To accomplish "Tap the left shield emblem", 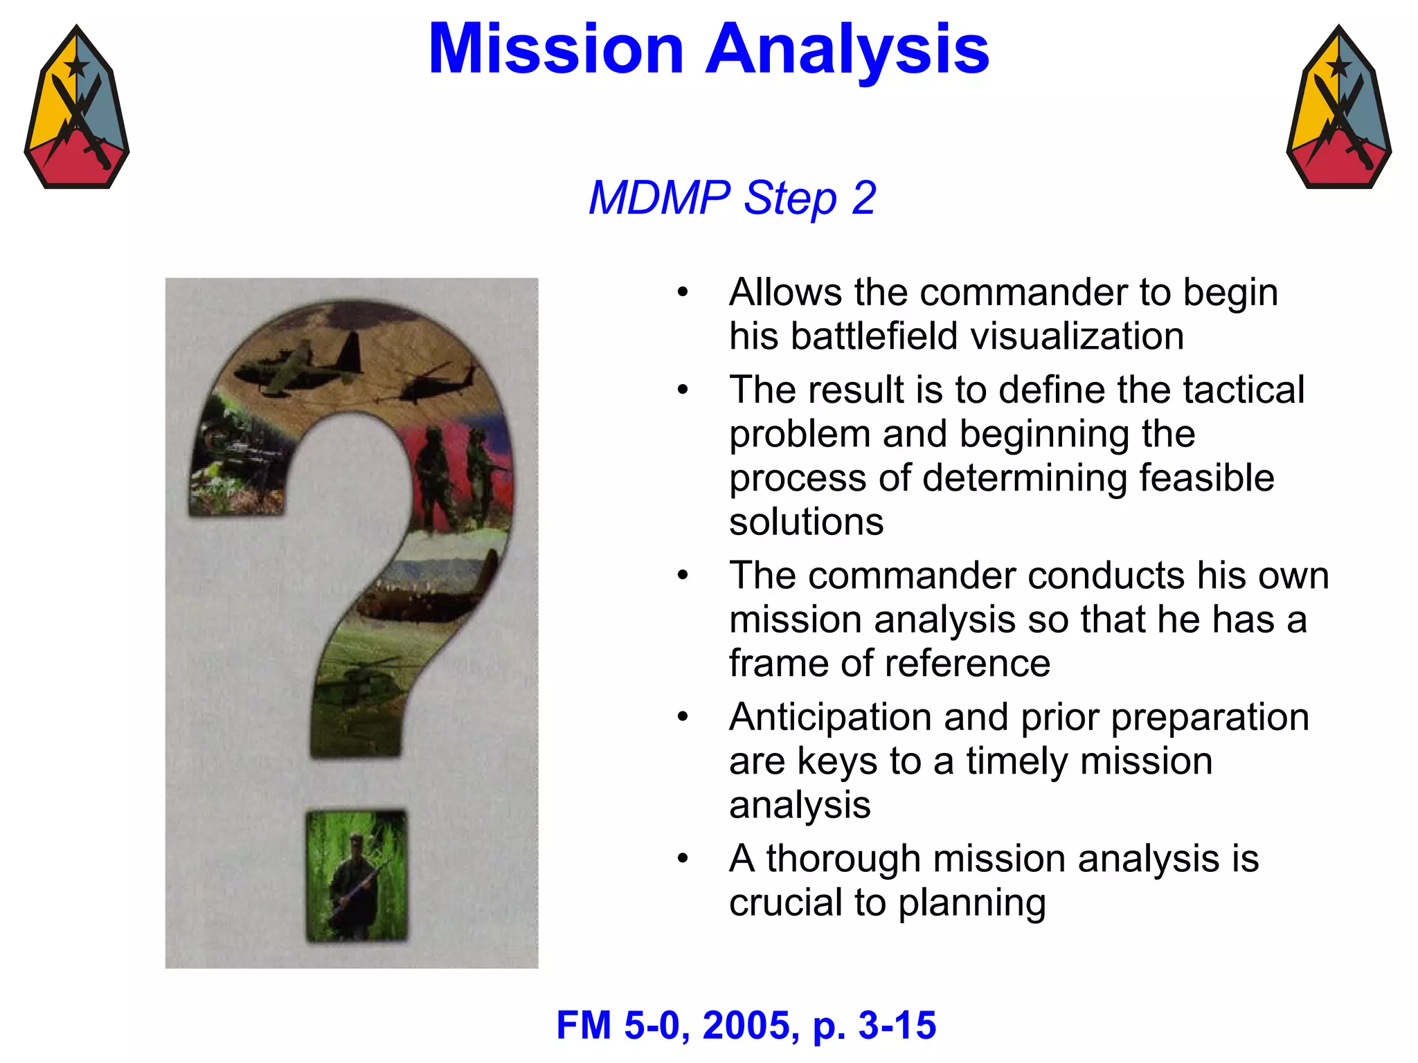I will coord(77,109).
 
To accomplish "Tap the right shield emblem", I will coord(1338,109).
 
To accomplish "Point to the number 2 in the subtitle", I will coord(863,198).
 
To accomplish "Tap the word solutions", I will coord(806,522).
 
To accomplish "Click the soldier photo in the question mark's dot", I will coord(357,876).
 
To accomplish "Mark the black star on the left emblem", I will coord(76,67).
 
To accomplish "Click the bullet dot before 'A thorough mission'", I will coord(683,859).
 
